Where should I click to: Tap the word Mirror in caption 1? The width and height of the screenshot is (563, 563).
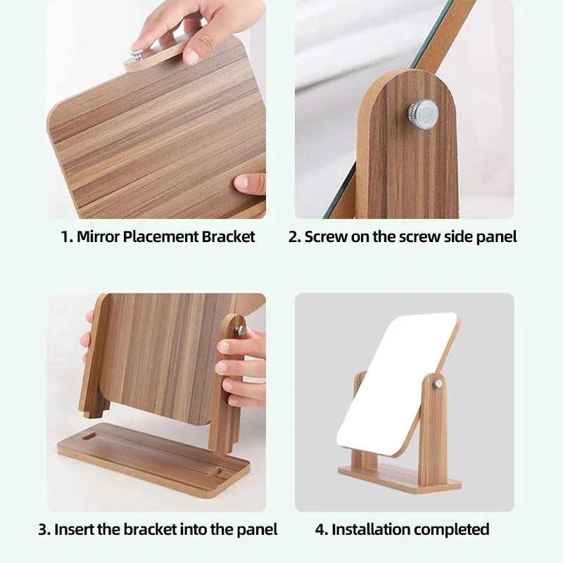(98, 236)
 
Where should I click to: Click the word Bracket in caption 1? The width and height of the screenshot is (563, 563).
(228, 236)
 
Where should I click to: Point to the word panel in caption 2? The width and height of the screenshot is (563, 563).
(496, 236)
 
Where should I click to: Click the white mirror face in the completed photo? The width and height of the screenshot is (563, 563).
(394, 380)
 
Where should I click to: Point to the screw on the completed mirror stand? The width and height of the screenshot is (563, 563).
(438, 384)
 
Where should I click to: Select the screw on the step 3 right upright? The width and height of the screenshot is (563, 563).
(241, 329)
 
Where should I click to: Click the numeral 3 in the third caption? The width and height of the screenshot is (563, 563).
(43, 529)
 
